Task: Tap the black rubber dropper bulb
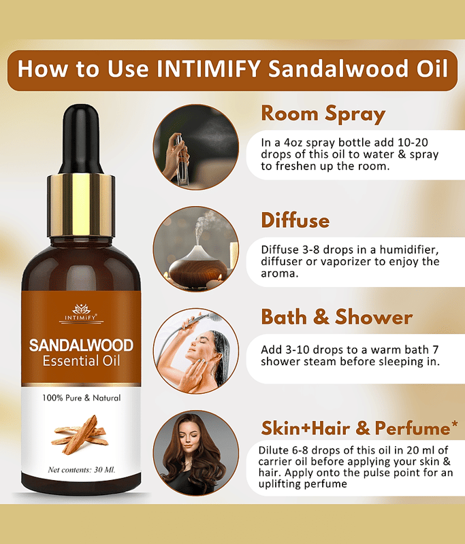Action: click(x=81, y=139)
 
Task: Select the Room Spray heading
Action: click(x=323, y=114)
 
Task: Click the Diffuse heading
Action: click(x=295, y=220)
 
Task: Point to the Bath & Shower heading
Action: click(x=337, y=317)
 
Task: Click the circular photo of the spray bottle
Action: click(x=196, y=147)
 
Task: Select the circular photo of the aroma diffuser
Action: click(x=196, y=249)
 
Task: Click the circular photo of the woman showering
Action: click(x=196, y=351)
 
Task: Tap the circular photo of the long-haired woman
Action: click(x=196, y=453)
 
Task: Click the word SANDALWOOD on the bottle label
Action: click(x=81, y=345)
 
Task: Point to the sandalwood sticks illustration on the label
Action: click(x=79, y=435)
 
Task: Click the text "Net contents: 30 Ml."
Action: click(x=82, y=470)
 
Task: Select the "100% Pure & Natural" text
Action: click(x=82, y=398)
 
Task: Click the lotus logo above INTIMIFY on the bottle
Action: click(x=81, y=309)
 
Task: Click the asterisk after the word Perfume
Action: click(x=455, y=426)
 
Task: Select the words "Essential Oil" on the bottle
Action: click(x=81, y=361)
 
